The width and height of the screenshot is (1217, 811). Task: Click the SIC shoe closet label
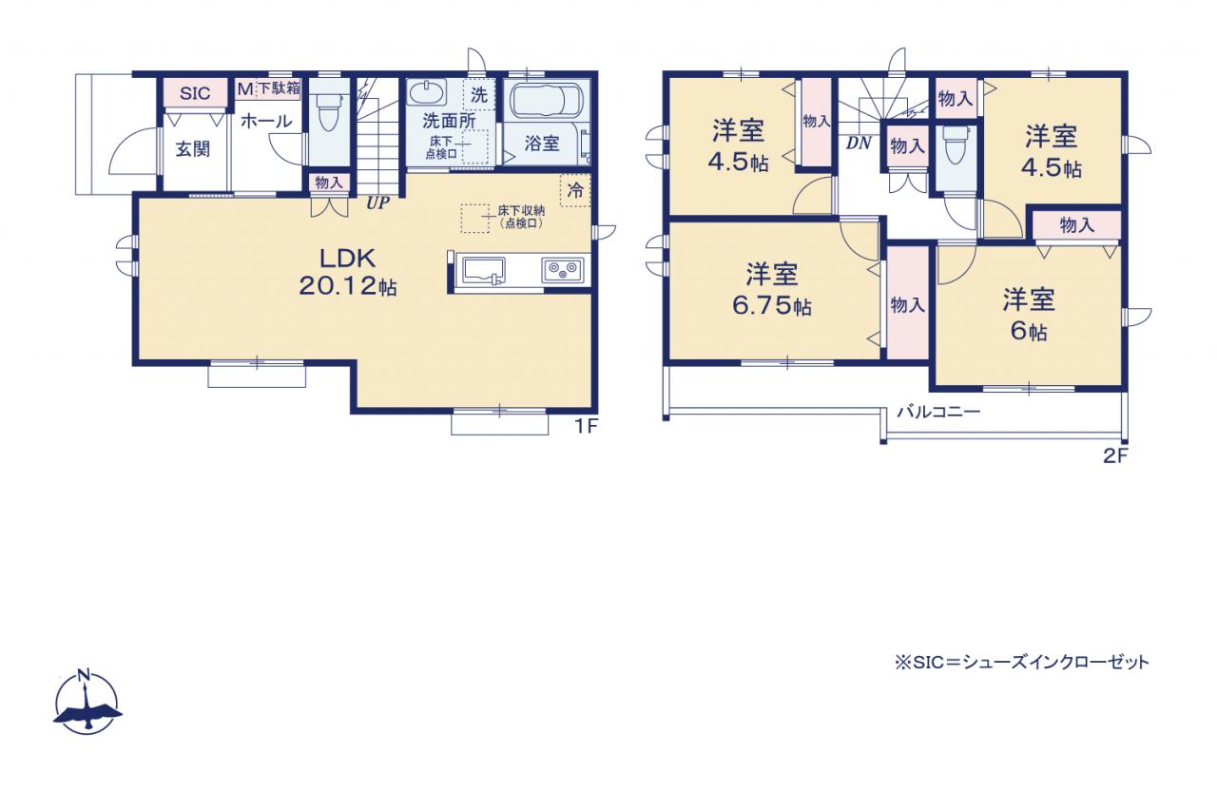(x=195, y=93)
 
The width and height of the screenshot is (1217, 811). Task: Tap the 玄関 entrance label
(x=192, y=149)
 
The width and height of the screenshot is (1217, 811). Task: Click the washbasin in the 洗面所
(x=427, y=93)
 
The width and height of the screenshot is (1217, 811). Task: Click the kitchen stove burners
(x=562, y=269)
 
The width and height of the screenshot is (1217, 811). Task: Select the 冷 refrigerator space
(x=575, y=190)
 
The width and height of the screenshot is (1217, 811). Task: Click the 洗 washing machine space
(x=478, y=95)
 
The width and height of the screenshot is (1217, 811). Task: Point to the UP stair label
(x=377, y=203)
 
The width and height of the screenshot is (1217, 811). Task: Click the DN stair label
(x=859, y=144)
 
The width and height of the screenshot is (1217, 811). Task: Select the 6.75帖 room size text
(x=771, y=306)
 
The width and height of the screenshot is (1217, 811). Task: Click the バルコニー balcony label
(x=938, y=412)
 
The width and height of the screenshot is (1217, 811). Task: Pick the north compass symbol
(x=87, y=704)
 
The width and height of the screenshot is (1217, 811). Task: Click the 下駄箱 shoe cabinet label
(x=279, y=88)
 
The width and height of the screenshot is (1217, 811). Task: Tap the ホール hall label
(x=265, y=121)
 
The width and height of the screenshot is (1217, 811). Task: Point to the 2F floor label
(x=1116, y=455)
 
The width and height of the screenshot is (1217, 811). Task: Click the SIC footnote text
(x=1022, y=662)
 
